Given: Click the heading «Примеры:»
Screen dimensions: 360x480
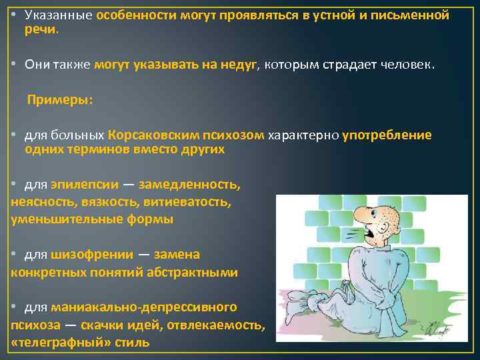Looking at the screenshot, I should pos(59,100).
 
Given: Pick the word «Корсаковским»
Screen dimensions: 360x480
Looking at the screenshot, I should pos(153,135).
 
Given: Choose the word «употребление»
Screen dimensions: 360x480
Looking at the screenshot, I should pos(387,135).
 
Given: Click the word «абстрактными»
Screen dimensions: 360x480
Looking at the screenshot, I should pos(193,272).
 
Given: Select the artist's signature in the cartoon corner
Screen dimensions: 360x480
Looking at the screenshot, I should pos(437,327).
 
